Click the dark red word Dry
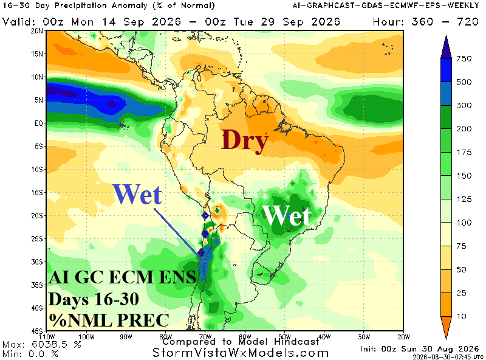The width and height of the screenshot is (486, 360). pos(245,141)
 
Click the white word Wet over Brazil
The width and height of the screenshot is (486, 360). pos(286,216)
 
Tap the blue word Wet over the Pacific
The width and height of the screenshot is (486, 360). pos(137,195)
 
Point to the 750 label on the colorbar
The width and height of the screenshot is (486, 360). pos(464,58)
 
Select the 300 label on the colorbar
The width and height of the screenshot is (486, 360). pos(464,106)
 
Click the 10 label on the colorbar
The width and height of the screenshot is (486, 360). pos(462,317)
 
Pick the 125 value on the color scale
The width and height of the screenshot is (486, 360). pos(464,199)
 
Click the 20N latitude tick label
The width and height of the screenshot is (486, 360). pos(37,31)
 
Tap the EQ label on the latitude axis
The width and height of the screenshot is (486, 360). pos(39,123)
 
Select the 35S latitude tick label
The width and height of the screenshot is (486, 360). pos(37,285)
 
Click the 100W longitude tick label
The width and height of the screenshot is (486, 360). pos(86,337)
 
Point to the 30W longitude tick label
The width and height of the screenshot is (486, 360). pos(364,337)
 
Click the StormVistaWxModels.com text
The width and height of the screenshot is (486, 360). pos(241,353)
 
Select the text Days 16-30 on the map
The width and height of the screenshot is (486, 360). pos(94,299)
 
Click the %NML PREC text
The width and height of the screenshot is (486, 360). pos(109,320)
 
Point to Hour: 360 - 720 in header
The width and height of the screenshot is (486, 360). pos(426,22)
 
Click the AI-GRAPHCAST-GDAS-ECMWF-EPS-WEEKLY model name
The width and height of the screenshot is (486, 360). pos(386,5)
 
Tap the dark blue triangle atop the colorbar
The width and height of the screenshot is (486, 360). pos(446,47)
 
